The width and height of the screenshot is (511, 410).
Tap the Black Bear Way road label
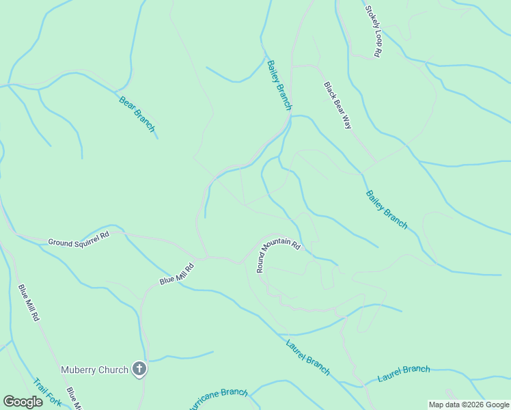[337, 106]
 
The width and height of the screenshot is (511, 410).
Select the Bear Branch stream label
[137, 114]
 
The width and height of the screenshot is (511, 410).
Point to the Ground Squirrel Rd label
[79, 238]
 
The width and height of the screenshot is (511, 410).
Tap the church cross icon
[139, 370]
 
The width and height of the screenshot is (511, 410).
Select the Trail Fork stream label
[47, 393]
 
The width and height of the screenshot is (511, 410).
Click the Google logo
[23, 402]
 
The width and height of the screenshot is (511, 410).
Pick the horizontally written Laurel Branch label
[404, 373]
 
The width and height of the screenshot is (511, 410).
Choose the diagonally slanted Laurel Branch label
[307, 355]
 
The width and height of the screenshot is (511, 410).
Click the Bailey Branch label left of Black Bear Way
[279, 85]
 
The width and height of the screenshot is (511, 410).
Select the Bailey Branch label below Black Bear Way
[387, 209]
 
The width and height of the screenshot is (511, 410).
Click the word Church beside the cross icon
[113, 370]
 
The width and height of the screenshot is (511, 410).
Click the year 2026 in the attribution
[470, 405]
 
